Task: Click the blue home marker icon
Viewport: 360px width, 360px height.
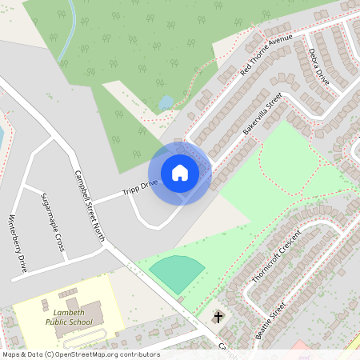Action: click(x=180, y=173)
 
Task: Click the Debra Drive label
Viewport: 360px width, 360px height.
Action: click(x=318, y=66)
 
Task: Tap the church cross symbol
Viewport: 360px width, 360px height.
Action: click(x=218, y=318)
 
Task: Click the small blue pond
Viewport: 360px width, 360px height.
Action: click(x=166, y=103)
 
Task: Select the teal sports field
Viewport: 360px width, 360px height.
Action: click(x=177, y=273)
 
